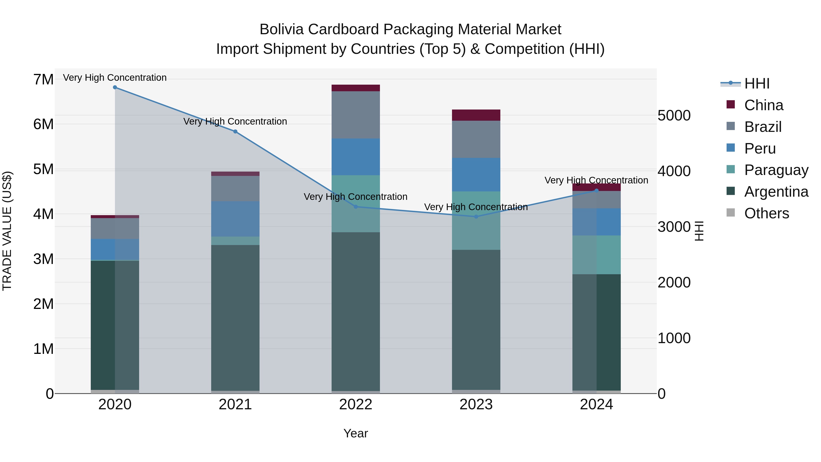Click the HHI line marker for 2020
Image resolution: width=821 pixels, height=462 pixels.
115,87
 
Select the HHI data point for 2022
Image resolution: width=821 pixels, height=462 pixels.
356,207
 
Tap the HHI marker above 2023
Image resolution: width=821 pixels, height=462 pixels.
476,217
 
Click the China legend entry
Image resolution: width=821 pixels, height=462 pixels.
764,105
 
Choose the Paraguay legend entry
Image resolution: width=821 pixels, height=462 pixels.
776,170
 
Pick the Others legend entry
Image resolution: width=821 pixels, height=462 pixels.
766,213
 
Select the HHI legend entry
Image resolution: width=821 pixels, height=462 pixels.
757,84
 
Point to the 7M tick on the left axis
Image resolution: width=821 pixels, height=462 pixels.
44,79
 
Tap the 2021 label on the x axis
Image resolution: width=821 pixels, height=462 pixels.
235,405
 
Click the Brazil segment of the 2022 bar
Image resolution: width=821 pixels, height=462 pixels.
356,115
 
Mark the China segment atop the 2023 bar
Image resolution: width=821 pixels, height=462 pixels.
476,115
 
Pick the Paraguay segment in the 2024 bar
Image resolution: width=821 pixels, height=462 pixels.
597,255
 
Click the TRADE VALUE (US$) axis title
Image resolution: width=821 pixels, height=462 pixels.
7,231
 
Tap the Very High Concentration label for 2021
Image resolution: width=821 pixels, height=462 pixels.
235,121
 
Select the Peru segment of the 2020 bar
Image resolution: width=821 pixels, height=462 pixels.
115,249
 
